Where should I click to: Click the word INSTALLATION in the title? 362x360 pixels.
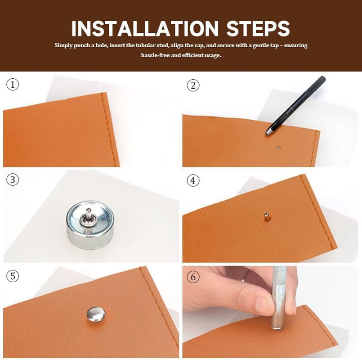[145, 29]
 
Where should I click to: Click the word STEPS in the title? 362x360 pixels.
[258, 29]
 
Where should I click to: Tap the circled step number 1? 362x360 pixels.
[13, 84]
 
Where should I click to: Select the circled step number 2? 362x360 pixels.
[193, 85]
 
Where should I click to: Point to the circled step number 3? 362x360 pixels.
[13, 180]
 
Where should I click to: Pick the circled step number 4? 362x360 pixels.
[193, 180]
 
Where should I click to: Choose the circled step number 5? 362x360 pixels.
[13, 276]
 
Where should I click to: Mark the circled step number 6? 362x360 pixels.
[193, 277]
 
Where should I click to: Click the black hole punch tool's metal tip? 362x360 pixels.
[268, 133]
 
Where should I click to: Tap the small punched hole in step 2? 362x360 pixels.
[278, 147]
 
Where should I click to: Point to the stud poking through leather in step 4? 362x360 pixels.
[266, 217]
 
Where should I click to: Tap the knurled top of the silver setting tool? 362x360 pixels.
[279, 275]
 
